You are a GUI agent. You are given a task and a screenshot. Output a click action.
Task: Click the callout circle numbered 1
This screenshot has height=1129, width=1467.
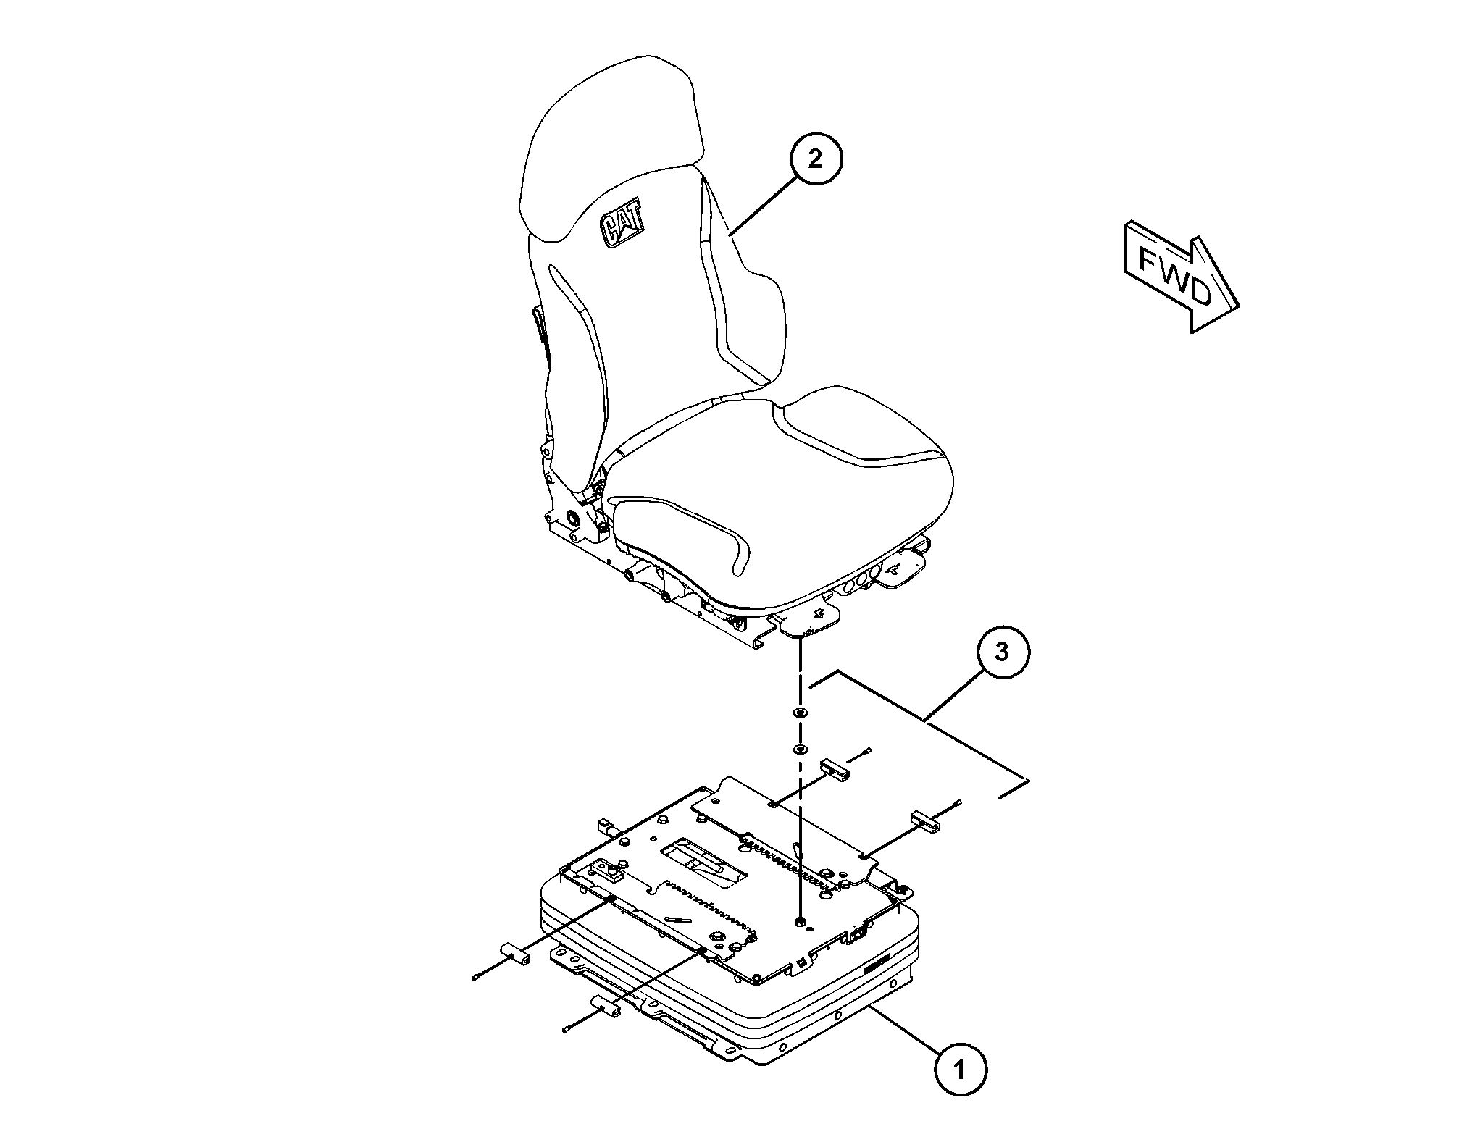coord(960,1067)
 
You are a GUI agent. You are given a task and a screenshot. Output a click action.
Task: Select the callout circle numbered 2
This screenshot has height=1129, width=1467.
coord(816,159)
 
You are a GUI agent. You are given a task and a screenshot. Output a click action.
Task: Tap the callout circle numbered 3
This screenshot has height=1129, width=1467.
coord(1002,652)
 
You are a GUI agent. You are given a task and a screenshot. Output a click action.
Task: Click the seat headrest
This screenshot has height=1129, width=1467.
coord(612,145)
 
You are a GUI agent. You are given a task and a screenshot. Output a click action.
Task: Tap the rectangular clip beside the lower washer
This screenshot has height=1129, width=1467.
coord(835,770)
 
